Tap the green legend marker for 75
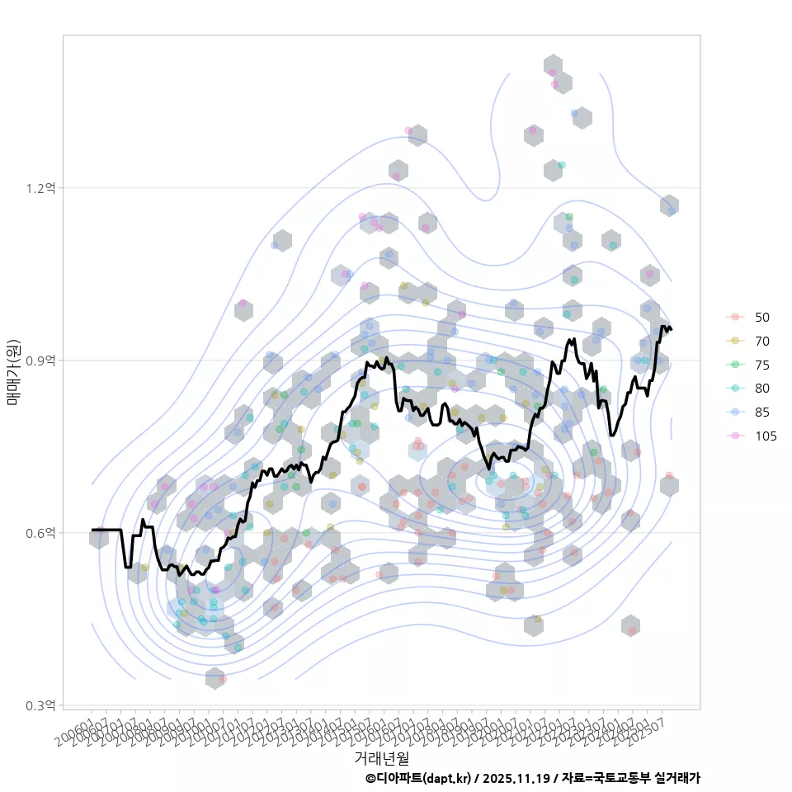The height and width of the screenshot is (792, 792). point(733,365)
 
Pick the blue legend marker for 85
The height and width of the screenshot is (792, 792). point(733,412)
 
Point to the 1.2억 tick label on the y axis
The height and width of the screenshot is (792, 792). point(40,188)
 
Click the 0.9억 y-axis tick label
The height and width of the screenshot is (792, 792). point(40,361)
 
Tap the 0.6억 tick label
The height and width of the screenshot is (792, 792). point(40,533)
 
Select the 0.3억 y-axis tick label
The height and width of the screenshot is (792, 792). point(40,705)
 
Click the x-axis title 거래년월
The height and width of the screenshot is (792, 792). point(381,757)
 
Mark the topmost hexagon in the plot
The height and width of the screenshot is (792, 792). point(554,66)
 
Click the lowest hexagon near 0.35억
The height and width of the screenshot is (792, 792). point(214,678)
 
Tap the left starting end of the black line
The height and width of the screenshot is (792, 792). point(92,530)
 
